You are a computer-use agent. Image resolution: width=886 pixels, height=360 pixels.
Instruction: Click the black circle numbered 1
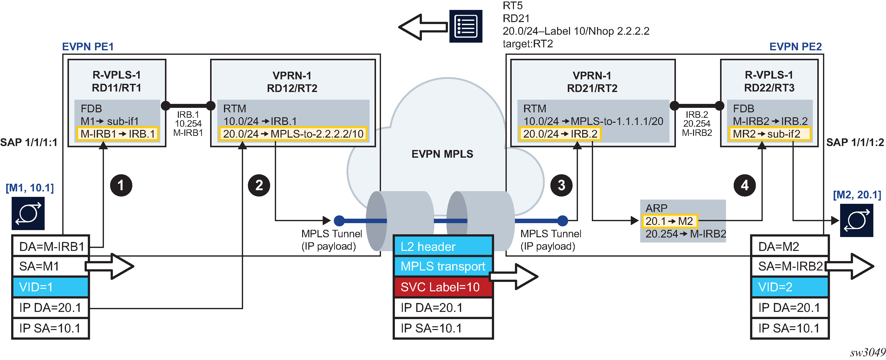pos(121,185)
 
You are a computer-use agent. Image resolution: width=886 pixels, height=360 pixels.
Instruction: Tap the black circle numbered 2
pos(259,185)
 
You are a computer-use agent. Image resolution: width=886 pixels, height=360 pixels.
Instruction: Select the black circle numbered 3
pos(561,185)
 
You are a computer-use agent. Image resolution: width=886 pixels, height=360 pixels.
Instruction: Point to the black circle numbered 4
pos(745,185)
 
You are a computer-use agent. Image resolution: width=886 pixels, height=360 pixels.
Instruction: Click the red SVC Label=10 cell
pos(443,287)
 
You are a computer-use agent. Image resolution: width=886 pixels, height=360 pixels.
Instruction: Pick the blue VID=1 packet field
pos(51,287)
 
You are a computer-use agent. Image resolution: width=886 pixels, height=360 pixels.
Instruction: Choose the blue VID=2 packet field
pos(790,287)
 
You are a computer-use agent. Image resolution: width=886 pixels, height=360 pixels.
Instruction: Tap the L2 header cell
pos(443,246)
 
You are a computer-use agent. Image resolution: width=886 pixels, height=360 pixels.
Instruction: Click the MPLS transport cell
pos(443,267)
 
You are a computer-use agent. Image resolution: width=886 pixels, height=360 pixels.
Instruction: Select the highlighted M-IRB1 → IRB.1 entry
pos(118,134)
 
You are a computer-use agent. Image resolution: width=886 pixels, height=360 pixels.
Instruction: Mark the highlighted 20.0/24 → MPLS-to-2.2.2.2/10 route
pos(293,134)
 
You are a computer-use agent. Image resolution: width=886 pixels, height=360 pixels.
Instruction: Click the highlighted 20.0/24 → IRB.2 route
pos(560,134)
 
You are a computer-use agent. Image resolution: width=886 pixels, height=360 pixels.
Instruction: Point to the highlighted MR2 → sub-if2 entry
pos(769,134)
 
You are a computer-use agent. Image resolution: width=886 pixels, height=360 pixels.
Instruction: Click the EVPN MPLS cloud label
pos(442,154)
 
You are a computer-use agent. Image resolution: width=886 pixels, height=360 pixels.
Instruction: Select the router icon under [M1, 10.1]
pos(28,213)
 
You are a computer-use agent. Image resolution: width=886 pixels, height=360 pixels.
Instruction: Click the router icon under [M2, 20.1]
pos(856,220)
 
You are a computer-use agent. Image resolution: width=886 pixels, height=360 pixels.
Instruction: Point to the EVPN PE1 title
pos(88,46)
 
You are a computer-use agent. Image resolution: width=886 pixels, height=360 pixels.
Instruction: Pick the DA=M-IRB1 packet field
pos(51,246)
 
